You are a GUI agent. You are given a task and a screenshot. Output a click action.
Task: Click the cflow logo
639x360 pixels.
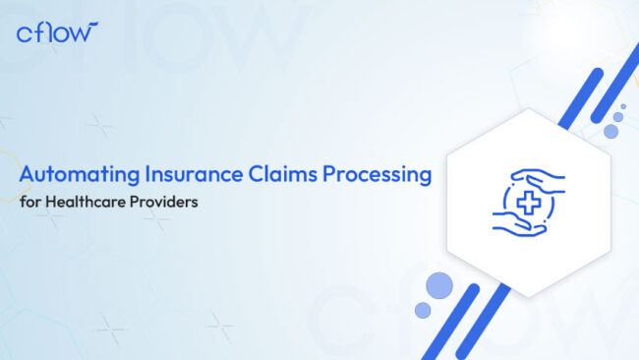tap(58, 32)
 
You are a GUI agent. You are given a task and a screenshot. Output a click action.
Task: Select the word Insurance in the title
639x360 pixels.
tap(191, 176)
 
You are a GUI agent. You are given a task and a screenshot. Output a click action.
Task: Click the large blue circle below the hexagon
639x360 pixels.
tap(440, 285)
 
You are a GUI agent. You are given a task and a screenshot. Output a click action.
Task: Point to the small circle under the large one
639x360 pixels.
tap(423, 310)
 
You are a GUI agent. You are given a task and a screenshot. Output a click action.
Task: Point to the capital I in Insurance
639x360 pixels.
tap(149, 176)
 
